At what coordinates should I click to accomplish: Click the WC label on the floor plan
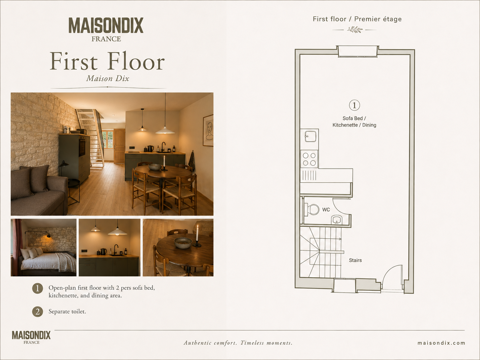click(x=326, y=210)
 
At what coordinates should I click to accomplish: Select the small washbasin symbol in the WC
click(x=336, y=220)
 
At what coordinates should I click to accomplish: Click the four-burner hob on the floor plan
click(x=309, y=159)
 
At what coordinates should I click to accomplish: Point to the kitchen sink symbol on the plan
click(x=310, y=136)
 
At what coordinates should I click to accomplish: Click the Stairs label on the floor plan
click(x=355, y=260)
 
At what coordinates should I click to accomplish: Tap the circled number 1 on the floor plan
click(x=354, y=105)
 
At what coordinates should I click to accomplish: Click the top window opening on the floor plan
click(x=358, y=52)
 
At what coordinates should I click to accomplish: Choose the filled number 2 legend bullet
click(x=37, y=312)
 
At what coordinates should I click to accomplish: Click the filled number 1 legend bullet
click(x=37, y=288)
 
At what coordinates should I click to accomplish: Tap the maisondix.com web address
click(x=441, y=343)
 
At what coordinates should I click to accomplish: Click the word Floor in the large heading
click(x=136, y=61)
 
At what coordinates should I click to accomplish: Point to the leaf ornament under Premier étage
click(x=355, y=30)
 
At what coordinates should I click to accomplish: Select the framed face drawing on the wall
click(x=208, y=130)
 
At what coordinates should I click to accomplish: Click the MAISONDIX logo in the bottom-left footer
click(x=31, y=337)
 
